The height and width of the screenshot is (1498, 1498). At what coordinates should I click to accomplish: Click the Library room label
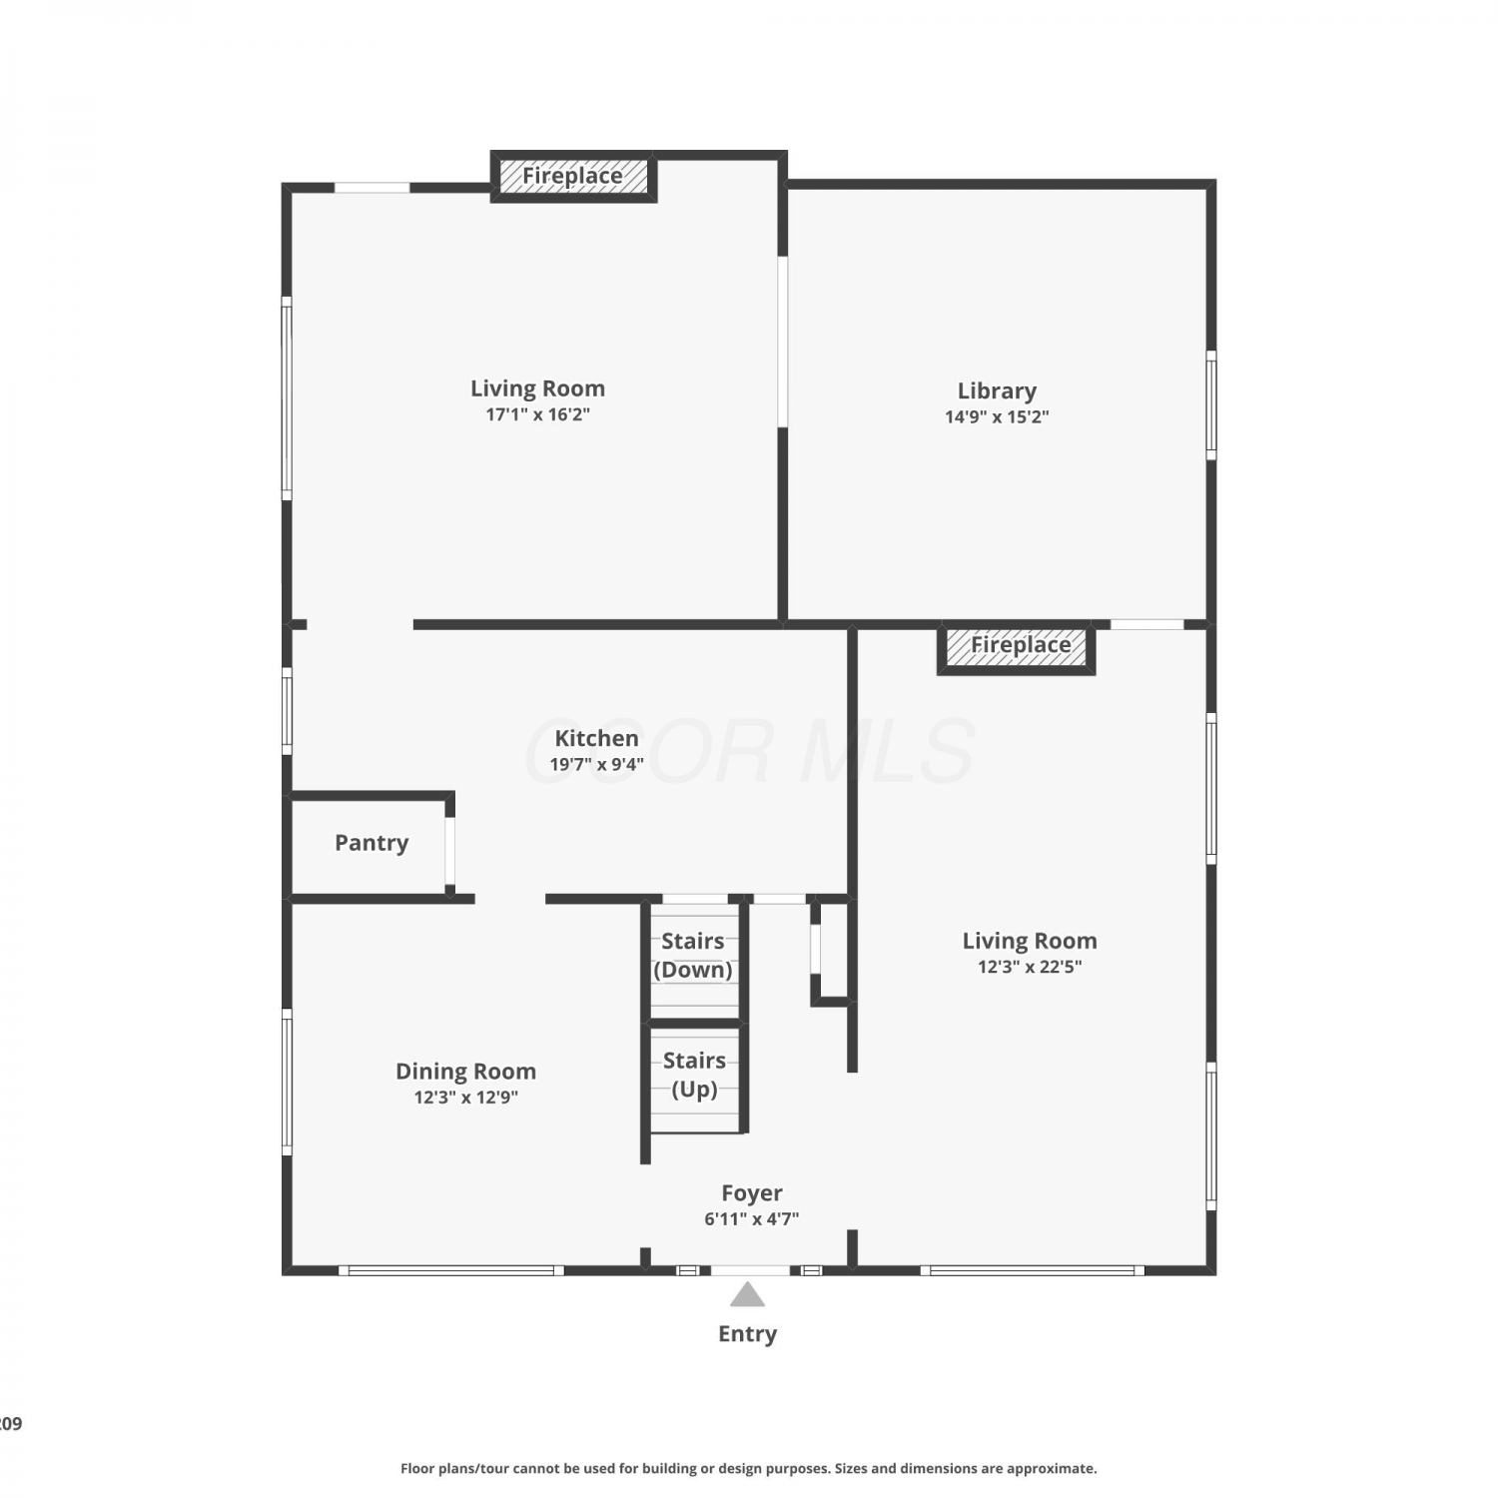(x=997, y=390)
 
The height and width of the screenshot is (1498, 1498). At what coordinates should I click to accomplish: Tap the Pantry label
(x=372, y=843)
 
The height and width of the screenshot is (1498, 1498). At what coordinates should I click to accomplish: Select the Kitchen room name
(x=596, y=738)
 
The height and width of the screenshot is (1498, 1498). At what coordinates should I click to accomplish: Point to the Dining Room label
(x=465, y=1072)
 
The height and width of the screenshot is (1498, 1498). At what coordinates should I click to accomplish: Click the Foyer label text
(x=752, y=1193)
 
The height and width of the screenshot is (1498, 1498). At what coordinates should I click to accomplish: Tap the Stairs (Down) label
(x=693, y=955)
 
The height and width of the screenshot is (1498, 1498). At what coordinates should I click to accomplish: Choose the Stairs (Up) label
(x=694, y=1075)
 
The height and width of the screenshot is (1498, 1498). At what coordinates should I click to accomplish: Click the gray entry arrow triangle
(x=747, y=1295)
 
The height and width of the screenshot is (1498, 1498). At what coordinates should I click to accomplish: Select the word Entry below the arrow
(x=747, y=1334)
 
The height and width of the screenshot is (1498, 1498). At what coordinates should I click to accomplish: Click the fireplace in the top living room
(x=573, y=177)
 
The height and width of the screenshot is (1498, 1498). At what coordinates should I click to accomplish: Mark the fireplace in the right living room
(x=1017, y=647)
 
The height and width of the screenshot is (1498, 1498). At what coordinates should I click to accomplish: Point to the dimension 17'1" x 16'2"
(x=537, y=414)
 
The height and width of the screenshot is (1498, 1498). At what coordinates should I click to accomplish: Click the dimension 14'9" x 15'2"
(x=997, y=417)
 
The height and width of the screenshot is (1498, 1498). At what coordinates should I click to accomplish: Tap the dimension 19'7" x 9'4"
(x=596, y=765)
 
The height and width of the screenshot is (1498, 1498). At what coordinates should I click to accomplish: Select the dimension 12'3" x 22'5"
(x=1030, y=967)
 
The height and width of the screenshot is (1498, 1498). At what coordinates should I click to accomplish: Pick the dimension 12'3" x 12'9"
(x=465, y=1098)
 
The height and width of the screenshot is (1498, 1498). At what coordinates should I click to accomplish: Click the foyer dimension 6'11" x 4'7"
(x=752, y=1219)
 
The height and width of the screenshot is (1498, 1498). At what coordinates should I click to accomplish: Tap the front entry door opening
(x=750, y=1270)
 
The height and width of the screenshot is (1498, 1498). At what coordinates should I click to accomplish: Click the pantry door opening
(x=450, y=851)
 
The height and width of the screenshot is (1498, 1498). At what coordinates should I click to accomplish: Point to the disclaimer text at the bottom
(x=749, y=1468)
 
